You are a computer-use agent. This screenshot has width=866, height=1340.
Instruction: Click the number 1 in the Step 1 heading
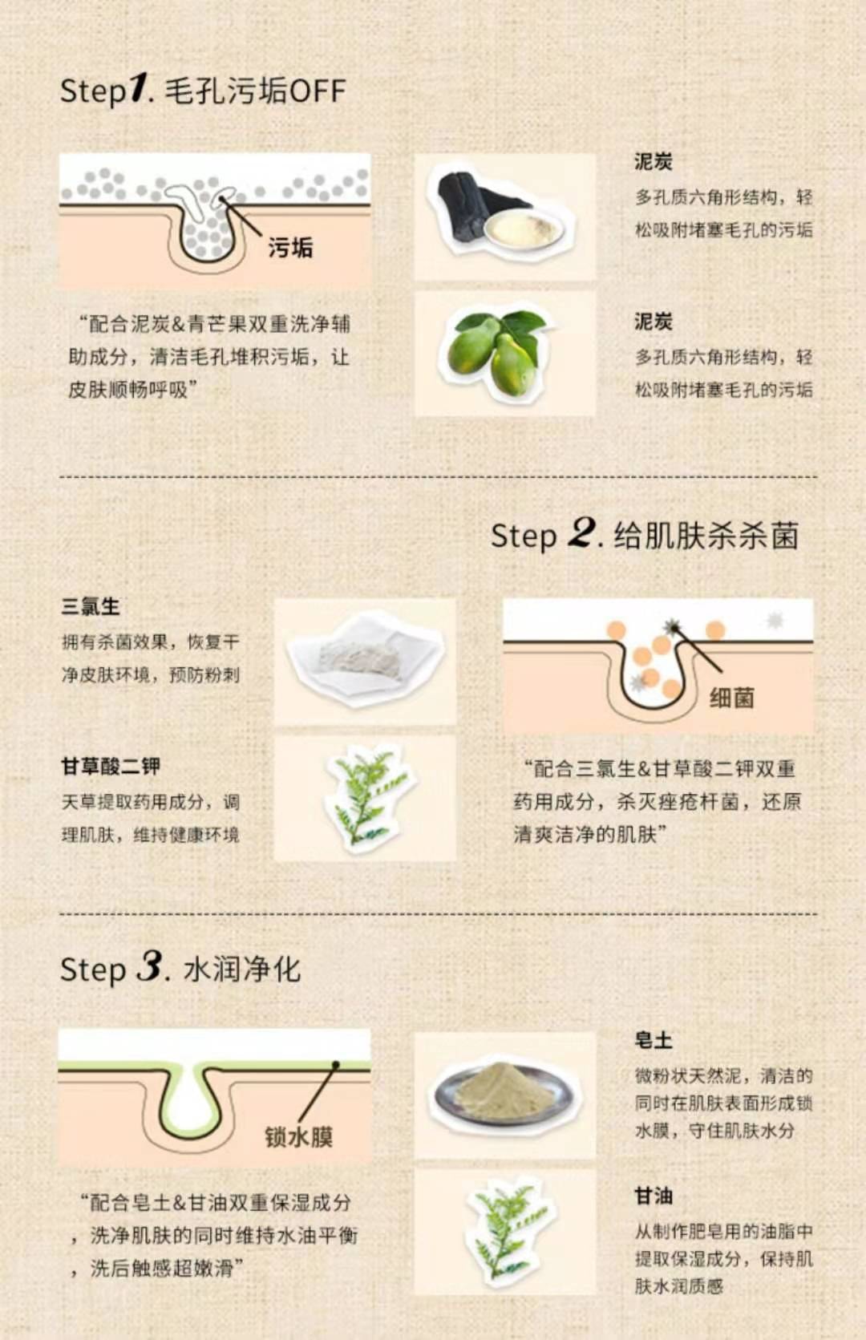pos(138,87)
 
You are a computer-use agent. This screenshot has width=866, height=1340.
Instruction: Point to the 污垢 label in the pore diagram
pos(290,247)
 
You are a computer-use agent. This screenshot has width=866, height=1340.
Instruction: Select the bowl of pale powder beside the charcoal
pos(524,231)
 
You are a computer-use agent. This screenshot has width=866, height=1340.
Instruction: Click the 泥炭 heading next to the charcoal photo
pos(653,161)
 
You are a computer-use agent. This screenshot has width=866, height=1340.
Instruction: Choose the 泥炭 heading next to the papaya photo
pos(653,322)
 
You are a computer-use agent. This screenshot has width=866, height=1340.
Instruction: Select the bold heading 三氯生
pos(91,606)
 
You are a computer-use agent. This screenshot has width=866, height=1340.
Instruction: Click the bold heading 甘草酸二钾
pos(111,767)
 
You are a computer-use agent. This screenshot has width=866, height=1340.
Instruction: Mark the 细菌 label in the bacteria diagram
pos(732,698)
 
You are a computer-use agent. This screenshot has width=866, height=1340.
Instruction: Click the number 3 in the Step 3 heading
pos(149,966)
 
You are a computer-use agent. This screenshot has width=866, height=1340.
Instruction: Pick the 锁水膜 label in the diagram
pos(298,1136)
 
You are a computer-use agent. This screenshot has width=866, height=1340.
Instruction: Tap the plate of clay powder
pos(505,1094)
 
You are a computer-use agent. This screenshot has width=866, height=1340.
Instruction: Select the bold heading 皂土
pos(653,1040)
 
